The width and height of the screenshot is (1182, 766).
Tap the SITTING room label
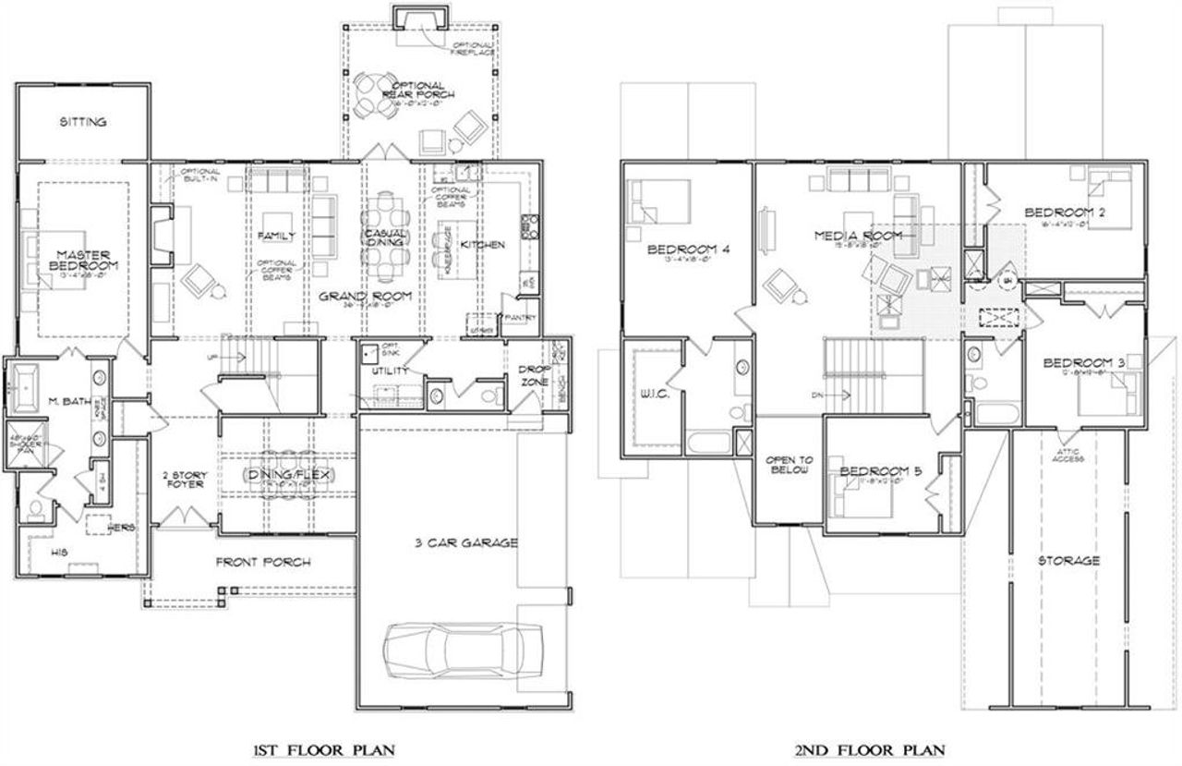(x=83, y=122)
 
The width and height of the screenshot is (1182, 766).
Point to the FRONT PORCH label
(x=263, y=562)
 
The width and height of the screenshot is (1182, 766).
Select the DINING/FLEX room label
(x=288, y=474)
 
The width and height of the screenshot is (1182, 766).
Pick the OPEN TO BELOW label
(x=788, y=465)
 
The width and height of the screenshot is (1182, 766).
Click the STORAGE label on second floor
(x=1068, y=560)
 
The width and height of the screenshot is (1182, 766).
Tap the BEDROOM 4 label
(x=682, y=249)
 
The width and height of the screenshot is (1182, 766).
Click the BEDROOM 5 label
(x=880, y=471)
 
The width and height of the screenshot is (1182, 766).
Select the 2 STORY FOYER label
(x=186, y=480)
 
